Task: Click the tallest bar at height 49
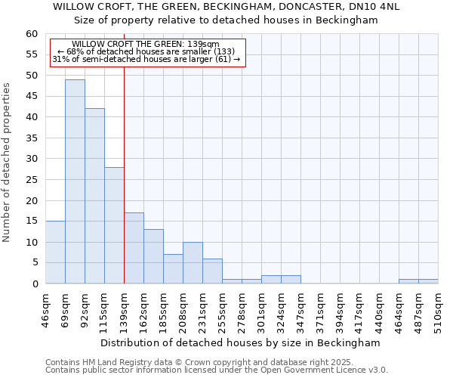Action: click(75, 181)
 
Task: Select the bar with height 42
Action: click(94, 196)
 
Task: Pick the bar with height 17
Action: click(134, 248)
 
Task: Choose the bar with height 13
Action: click(153, 256)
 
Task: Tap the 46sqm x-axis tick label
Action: click(45, 308)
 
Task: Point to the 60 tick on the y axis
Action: click(32, 34)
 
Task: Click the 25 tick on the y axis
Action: click(32, 180)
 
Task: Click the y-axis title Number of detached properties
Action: click(8, 163)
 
